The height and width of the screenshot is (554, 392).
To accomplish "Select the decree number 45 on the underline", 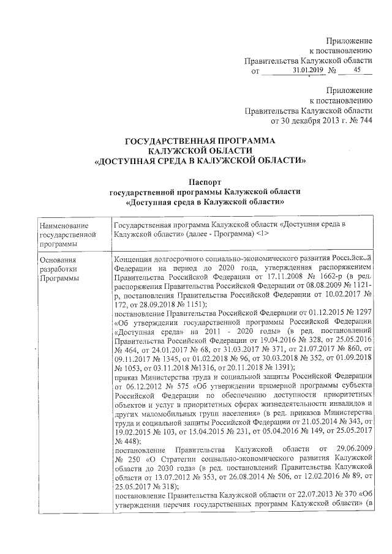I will click(357, 71).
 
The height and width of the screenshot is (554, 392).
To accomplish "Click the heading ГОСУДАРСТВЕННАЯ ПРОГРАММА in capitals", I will click(200, 142).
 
